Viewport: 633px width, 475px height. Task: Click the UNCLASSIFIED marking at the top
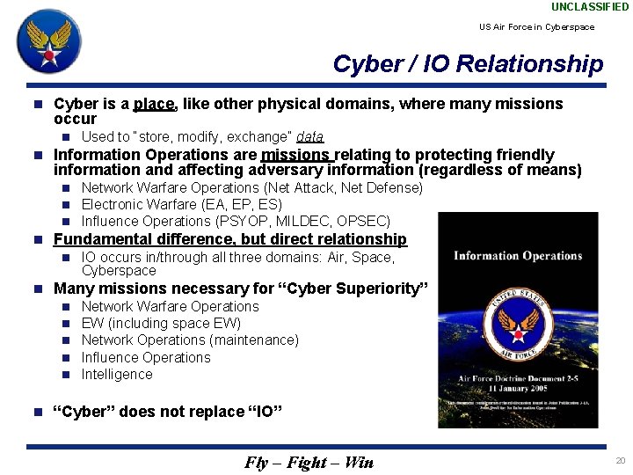click(x=590, y=7)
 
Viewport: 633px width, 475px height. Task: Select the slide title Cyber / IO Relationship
click(x=468, y=64)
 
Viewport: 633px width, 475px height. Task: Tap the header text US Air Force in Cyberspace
click(x=536, y=26)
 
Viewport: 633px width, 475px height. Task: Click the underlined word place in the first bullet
click(x=154, y=104)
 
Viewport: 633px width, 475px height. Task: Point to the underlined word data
click(x=309, y=136)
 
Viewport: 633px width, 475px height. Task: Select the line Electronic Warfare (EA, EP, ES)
click(x=181, y=204)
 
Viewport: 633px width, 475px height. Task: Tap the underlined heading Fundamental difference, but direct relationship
click(x=230, y=239)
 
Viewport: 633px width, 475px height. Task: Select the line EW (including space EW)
click(x=161, y=323)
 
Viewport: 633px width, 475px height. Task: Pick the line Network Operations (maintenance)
click(x=190, y=340)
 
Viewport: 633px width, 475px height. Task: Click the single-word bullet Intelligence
click(x=117, y=374)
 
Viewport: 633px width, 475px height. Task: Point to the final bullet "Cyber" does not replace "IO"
click(x=168, y=412)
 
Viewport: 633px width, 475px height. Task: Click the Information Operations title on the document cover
click(x=518, y=256)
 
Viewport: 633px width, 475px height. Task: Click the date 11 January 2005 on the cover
click(x=518, y=390)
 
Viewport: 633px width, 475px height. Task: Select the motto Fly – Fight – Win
click(x=309, y=463)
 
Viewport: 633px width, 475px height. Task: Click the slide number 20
click(x=621, y=461)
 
